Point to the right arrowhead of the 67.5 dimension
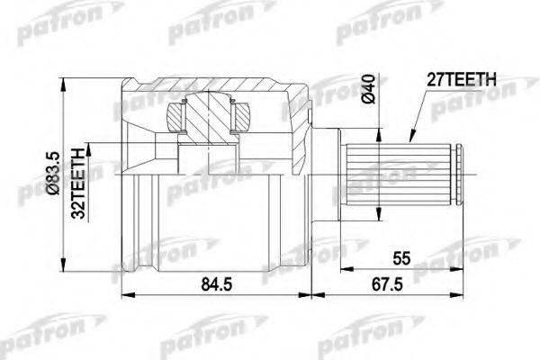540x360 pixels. (466, 294)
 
